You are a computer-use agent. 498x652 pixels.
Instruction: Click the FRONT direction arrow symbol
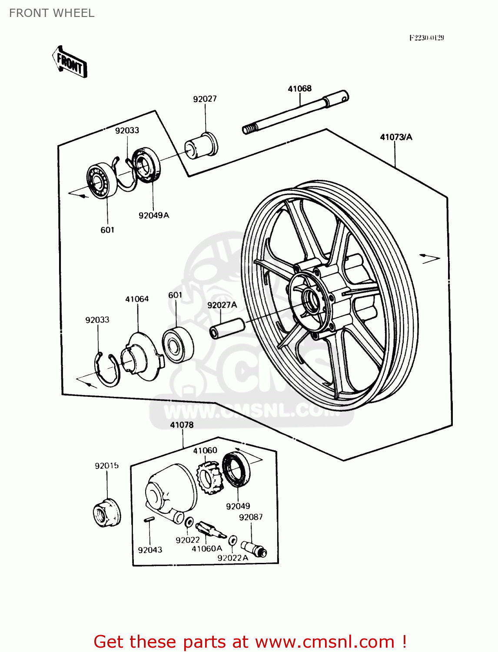click(70, 62)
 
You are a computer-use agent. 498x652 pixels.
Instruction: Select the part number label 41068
click(299, 89)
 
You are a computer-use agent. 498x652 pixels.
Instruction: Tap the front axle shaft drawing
click(295, 113)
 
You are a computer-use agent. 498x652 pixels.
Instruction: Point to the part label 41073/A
click(396, 137)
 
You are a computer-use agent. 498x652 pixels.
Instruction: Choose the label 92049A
click(153, 215)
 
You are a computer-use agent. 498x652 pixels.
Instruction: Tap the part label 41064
click(137, 299)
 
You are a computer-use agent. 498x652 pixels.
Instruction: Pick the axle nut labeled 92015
click(107, 513)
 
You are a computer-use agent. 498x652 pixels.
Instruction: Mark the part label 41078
click(182, 425)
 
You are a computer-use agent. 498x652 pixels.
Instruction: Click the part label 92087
click(251, 517)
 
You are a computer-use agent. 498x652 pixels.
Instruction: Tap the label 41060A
click(207, 549)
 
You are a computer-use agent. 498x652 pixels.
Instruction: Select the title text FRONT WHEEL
click(52, 13)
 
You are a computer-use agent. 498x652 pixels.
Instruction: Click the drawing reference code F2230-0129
click(426, 38)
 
